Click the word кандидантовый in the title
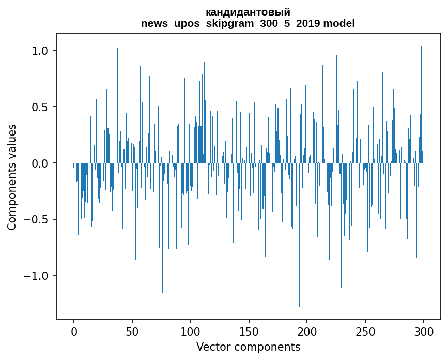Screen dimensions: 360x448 point(248,12)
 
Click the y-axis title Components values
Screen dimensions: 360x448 point(12,177)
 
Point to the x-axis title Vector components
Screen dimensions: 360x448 point(248,347)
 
